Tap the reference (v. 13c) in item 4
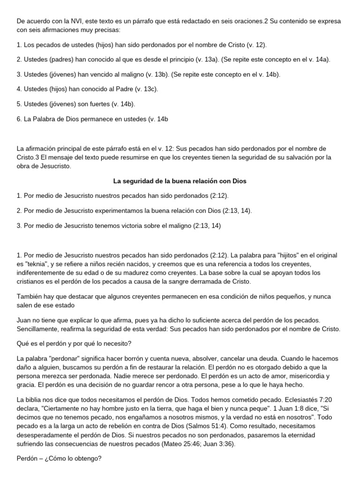pyautogui.click(x=146, y=89)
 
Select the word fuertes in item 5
pyautogui.click(x=96, y=104)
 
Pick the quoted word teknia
pyautogui.click(x=43, y=264)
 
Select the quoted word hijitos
pyautogui.click(x=288, y=255)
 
